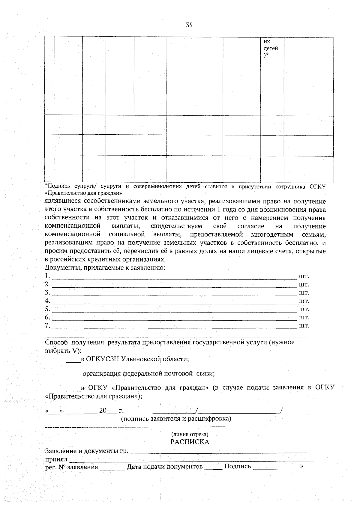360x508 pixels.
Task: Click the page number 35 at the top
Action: [x=189, y=25]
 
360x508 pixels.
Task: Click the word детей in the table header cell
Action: [x=271, y=48]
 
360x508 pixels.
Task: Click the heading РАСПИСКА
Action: [x=190, y=442]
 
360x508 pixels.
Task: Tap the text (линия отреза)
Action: [x=190, y=434]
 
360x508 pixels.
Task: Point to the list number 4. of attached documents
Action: [x=47, y=301]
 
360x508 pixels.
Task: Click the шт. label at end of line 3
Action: [x=304, y=293]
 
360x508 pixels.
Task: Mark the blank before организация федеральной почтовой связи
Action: [x=73, y=375]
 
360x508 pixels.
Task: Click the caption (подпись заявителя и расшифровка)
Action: [x=176, y=418]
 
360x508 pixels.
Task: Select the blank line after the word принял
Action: [x=192, y=460]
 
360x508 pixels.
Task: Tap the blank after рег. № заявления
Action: [x=112, y=468]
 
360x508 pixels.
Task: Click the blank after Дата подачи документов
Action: [x=213, y=468]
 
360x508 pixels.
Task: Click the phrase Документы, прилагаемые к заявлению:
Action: [x=105, y=267]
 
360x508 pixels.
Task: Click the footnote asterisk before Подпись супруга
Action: [x=46, y=186]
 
